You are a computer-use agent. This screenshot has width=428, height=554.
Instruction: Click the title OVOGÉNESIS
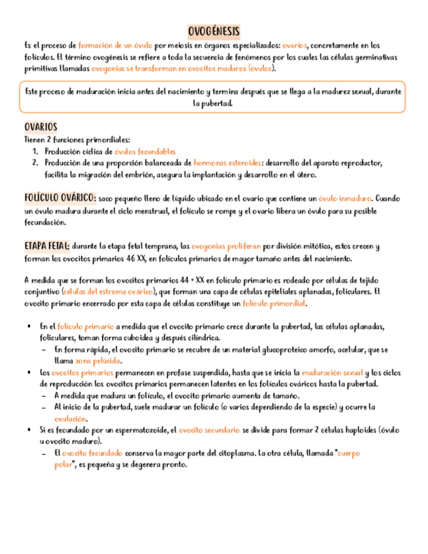[214, 31]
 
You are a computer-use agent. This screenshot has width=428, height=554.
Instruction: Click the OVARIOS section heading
[41, 127]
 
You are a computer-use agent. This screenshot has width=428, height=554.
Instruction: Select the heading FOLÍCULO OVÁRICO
[60, 197]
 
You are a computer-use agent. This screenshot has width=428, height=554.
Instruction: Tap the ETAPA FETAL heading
[46, 246]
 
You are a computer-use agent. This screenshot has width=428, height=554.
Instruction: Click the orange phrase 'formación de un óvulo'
[115, 46]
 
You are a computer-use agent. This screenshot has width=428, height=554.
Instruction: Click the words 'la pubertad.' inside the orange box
[213, 103]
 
